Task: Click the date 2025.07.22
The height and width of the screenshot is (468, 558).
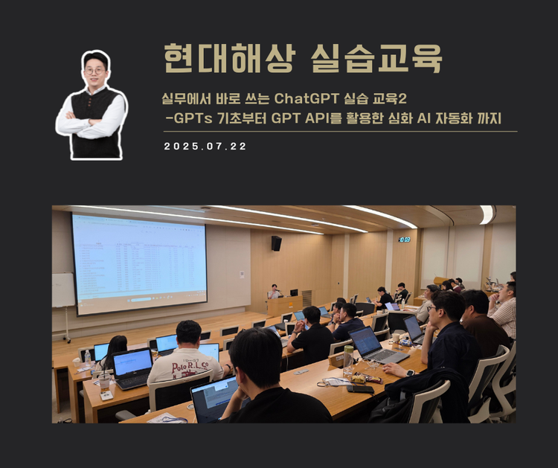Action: pyautogui.click(x=205, y=147)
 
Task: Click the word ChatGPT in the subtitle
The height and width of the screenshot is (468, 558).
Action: pyautogui.click(x=305, y=99)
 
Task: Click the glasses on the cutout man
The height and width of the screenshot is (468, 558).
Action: pyautogui.click(x=94, y=71)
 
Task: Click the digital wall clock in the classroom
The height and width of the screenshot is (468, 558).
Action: pyautogui.click(x=404, y=240)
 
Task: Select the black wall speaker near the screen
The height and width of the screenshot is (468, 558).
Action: pyautogui.click(x=276, y=243)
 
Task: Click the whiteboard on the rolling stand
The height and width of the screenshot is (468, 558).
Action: pyautogui.click(x=62, y=290)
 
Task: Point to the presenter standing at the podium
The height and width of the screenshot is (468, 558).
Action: pyautogui.click(x=275, y=291)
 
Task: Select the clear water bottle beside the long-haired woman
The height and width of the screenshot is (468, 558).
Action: pyautogui.click(x=88, y=359)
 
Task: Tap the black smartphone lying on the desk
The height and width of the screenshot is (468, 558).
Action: pyautogui.click(x=360, y=388)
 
